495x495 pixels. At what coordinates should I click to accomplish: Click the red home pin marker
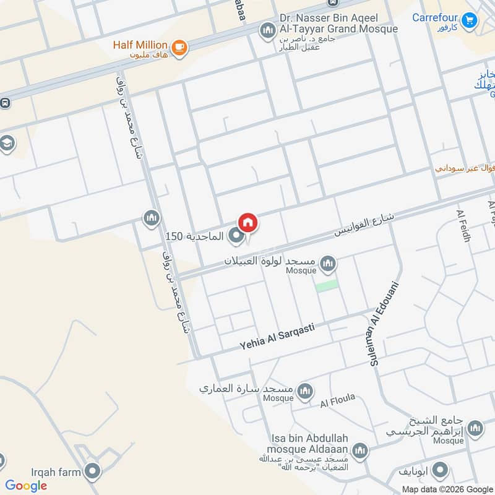click(x=247, y=222)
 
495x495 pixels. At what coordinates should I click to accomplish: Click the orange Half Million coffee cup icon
click(x=179, y=47)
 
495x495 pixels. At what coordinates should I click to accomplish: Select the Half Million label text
click(x=140, y=45)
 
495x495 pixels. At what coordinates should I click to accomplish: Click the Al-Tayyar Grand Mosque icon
click(x=267, y=30)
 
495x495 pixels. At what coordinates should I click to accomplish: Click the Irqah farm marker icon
click(x=93, y=472)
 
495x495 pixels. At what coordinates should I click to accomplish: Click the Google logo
click(x=26, y=486)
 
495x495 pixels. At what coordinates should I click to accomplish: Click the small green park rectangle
click(x=327, y=285)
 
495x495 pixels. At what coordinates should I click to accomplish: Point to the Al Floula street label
click(x=337, y=401)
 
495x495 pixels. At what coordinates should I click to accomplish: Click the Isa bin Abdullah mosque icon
click(x=359, y=449)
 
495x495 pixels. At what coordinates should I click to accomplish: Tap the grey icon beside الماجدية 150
click(x=235, y=236)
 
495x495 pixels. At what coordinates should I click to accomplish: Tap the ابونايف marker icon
click(x=440, y=471)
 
